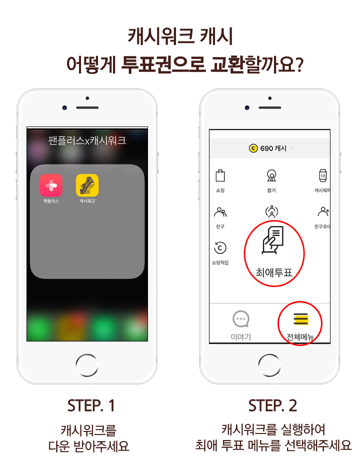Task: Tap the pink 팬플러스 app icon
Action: pyautogui.click(x=51, y=185)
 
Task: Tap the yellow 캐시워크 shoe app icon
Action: pyautogui.click(x=87, y=185)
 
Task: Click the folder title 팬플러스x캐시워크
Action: pyautogui.click(x=87, y=140)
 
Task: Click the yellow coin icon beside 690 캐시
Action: pyautogui.click(x=253, y=148)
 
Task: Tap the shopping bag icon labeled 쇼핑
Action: pyautogui.click(x=220, y=175)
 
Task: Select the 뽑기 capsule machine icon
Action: pyautogui.click(x=271, y=175)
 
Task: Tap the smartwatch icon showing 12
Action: pyautogui.click(x=323, y=175)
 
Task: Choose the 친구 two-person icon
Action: pyautogui.click(x=220, y=212)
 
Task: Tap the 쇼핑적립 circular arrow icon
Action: pyautogui.click(x=220, y=248)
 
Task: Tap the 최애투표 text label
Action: pyautogui.click(x=274, y=272)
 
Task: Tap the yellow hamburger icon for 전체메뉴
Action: pyautogui.click(x=300, y=319)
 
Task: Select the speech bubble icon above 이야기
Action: pyautogui.click(x=241, y=319)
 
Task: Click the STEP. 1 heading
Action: pyautogui.click(x=91, y=405)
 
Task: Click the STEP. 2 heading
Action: pyautogui.click(x=272, y=405)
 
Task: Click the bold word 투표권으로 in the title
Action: pyautogui.click(x=163, y=64)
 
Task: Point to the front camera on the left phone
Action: pyautogui.click(x=64, y=107)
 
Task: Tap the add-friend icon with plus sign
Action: pyautogui.click(x=323, y=211)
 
